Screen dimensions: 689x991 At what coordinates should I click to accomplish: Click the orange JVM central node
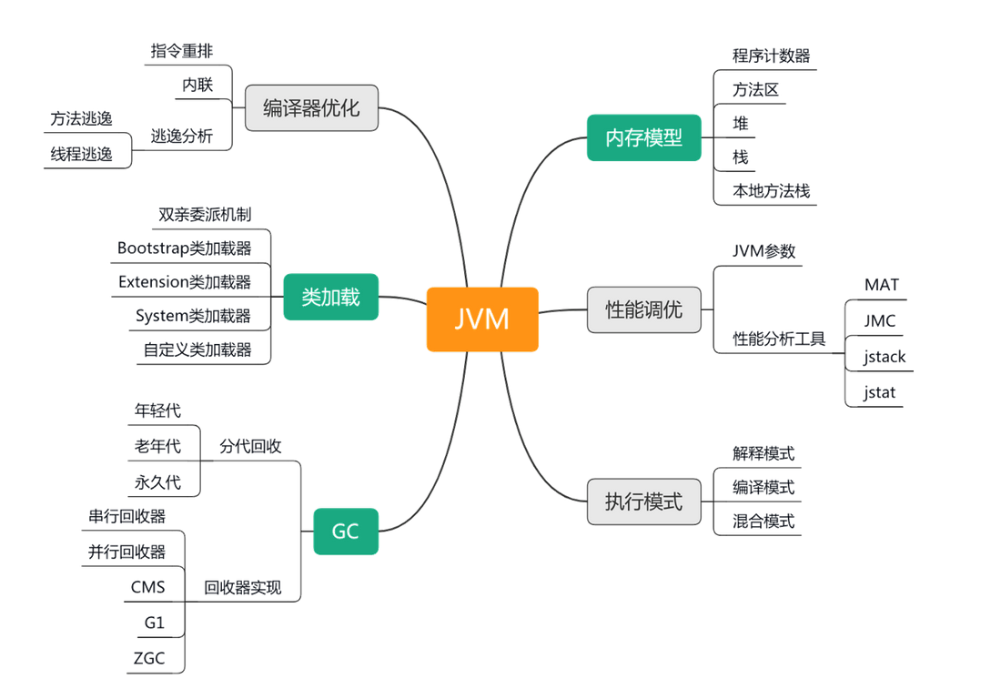pyautogui.click(x=482, y=319)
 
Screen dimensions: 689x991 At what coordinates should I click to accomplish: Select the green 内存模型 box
pyautogui.click(x=644, y=138)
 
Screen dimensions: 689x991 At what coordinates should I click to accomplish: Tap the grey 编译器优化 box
pyautogui.click(x=311, y=108)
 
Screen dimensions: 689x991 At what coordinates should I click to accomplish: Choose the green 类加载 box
pyautogui.click(x=331, y=297)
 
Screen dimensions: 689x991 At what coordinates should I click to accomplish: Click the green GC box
pyautogui.click(x=346, y=532)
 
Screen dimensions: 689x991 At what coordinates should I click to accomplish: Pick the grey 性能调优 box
pyautogui.click(x=644, y=309)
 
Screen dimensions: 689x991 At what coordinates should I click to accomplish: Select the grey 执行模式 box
pyautogui.click(x=644, y=502)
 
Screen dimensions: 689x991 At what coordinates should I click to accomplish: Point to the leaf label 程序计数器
pyautogui.click(x=771, y=56)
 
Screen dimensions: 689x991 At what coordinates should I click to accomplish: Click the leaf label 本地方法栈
pyautogui.click(x=771, y=191)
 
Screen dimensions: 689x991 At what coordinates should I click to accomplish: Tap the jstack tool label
pyautogui.click(x=885, y=357)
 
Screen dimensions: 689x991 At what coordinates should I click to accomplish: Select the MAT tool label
pyautogui.click(x=881, y=285)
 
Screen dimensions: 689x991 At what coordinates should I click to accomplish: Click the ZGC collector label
pyautogui.click(x=148, y=658)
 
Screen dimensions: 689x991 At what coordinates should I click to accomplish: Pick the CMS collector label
pyautogui.click(x=148, y=587)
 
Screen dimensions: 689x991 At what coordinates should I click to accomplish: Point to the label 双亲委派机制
pyautogui.click(x=205, y=215)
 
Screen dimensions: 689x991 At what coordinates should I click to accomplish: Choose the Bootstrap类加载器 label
pyautogui.click(x=185, y=248)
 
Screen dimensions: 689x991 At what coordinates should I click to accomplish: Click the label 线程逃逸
pyautogui.click(x=81, y=155)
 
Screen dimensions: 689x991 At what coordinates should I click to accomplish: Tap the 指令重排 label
pyautogui.click(x=182, y=51)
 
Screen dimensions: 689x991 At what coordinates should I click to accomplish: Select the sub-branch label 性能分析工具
pyautogui.click(x=780, y=339)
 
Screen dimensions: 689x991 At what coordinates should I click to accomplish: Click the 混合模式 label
pyautogui.click(x=763, y=522)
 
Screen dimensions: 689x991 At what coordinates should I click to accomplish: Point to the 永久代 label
pyautogui.click(x=157, y=482)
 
